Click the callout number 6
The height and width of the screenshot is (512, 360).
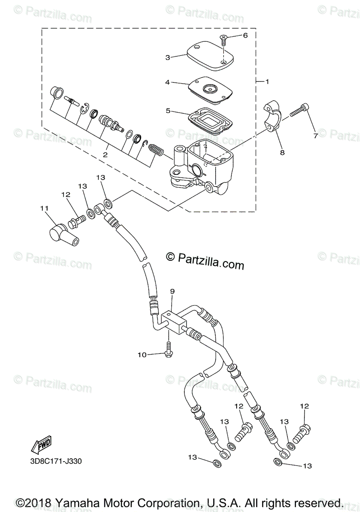click(x=245, y=36)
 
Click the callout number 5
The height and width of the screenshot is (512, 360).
click(x=168, y=111)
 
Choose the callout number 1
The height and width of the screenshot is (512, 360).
click(x=267, y=81)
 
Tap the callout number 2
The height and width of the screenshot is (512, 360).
click(x=105, y=155)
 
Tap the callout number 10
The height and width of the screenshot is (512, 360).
click(x=142, y=354)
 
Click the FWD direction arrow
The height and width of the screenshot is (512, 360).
click(x=41, y=445)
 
